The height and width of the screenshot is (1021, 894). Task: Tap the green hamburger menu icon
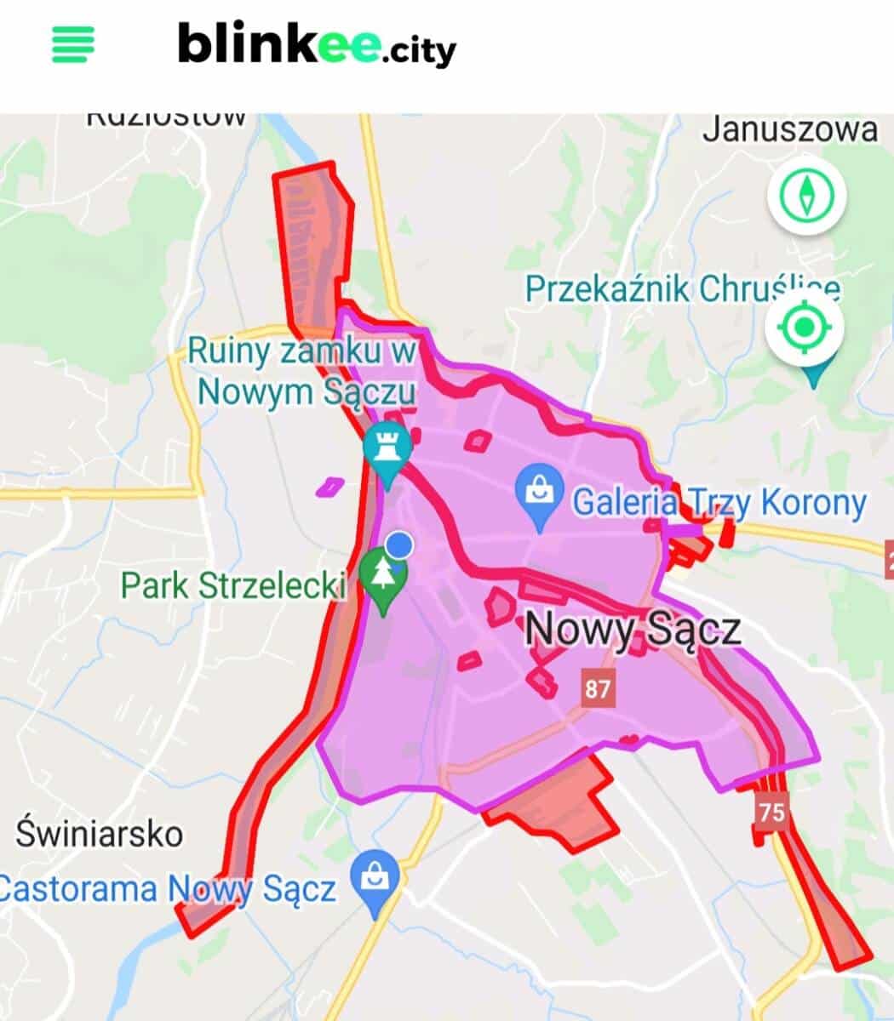pyautogui.click(x=73, y=43)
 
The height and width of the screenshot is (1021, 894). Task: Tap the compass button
pyautogui.click(x=806, y=195)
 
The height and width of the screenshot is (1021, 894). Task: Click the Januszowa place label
pyautogui.click(x=790, y=130)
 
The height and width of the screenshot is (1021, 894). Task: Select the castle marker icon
pyautogui.click(x=387, y=447)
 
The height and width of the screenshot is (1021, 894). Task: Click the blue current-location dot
pyautogui.click(x=398, y=545)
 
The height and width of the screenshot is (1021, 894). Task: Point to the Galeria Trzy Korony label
pyautogui.click(x=719, y=503)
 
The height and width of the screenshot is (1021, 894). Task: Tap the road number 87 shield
pyautogui.click(x=598, y=687)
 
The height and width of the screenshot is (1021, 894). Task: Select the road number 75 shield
pyautogui.click(x=771, y=810)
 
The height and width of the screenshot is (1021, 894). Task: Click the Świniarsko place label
pyautogui.click(x=100, y=833)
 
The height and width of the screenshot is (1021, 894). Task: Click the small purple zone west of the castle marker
pyautogui.click(x=330, y=487)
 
